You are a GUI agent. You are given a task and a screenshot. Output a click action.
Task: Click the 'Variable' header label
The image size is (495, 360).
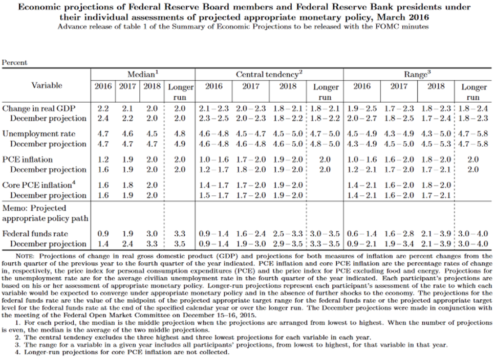pos(47,85)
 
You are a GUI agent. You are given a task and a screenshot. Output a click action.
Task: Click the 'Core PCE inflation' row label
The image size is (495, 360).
pos(37,185)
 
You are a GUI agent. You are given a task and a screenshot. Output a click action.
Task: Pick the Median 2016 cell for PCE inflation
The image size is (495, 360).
pos(103,159)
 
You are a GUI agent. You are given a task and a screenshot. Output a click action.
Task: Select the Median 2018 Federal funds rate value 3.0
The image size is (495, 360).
pos(153,234)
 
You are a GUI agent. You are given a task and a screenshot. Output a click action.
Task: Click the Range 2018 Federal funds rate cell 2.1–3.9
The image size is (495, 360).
pos(436,234)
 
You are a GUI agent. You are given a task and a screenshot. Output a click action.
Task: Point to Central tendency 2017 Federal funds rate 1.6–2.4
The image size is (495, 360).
pos(251,234)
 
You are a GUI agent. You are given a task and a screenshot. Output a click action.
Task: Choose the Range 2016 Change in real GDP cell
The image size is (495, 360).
pos(362,108)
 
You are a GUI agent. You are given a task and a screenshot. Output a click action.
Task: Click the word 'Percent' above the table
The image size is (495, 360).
pos(15,63)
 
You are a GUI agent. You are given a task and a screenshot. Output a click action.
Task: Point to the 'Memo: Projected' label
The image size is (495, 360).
pos(34,208)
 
